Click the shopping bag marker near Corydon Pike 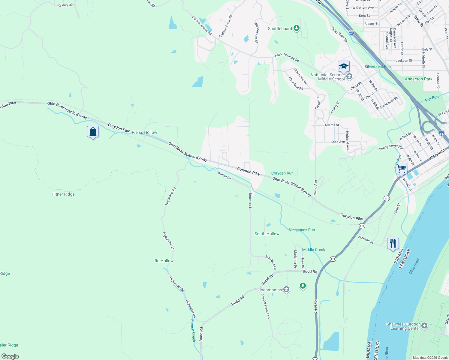click(x=93, y=132)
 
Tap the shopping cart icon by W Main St click(x=401, y=168)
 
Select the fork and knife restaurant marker click(x=393, y=243)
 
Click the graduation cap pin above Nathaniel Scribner click(x=343, y=66)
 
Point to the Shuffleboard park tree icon click(x=297, y=28)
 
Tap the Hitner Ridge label click(x=63, y=194)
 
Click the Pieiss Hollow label click(x=144, y=132)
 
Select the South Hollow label click(x=267, y=234)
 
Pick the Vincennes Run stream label click(x=302, y=230)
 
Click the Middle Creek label click(x=314, y=250)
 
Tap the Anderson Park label click(x=418, y=79)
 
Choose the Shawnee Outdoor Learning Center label click(x=403, y=326)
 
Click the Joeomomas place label click(x=270, y=290)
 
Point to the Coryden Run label click(x=282, y=173)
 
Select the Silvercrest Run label click(x=378, y=67)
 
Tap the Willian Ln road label click(x=224, y=175)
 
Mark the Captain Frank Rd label click(x=226, y=26)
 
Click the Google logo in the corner click(x=10, y=356)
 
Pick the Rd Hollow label click(x=164, y=261)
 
